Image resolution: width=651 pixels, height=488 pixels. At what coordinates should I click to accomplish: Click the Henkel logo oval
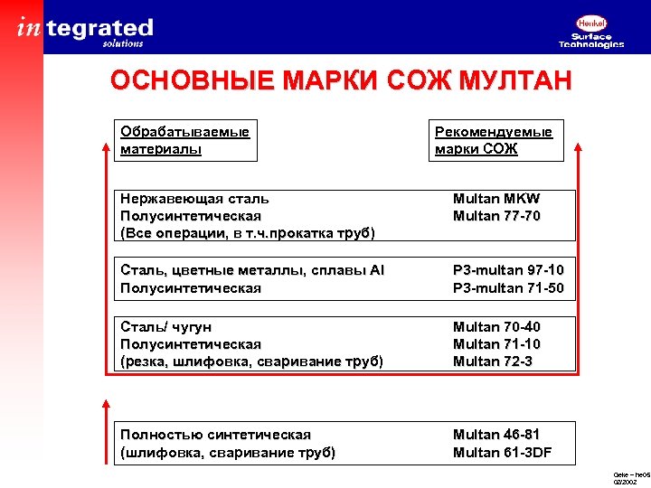(591, 23)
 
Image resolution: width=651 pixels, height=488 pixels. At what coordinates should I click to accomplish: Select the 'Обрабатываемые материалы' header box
(186, 140)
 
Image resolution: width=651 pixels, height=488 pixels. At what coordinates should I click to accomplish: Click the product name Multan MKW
(496, 199)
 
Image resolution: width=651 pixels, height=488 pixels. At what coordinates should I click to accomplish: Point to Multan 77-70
(497, 216)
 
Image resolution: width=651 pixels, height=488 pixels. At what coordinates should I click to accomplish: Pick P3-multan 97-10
(508, 270)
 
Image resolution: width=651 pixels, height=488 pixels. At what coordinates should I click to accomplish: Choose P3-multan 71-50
(508, 288)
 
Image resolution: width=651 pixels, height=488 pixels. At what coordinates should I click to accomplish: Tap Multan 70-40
(497, 326)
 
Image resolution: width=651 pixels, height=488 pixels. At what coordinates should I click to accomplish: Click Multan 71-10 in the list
(497, 344)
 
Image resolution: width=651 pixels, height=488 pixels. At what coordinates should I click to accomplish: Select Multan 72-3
(493, 361)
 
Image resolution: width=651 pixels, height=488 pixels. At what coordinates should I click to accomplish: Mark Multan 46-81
(497, 435)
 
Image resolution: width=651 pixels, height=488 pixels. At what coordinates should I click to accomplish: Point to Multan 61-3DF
(503, 453)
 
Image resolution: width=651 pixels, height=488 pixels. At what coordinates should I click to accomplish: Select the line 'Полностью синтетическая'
(215, 435)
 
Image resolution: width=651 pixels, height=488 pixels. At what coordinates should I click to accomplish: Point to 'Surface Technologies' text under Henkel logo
(591, 41)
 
